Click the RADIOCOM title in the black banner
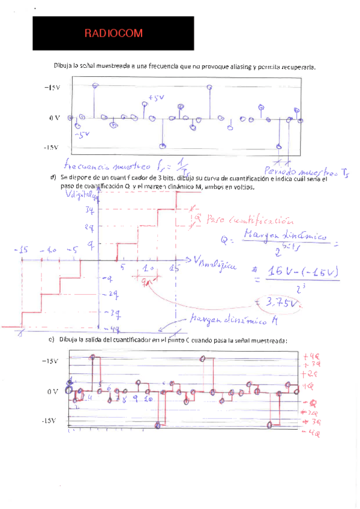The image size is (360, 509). point(113,34)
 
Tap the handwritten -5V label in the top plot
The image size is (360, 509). point(82,134)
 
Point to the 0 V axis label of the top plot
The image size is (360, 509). point(55,118)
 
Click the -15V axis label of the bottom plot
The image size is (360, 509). point(50,421)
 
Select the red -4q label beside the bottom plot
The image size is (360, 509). point(310,432)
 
